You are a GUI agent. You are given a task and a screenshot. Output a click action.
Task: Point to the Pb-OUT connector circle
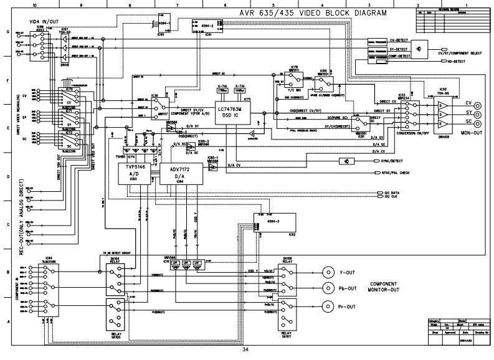327,289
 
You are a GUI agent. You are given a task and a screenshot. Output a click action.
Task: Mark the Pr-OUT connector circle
327,306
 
